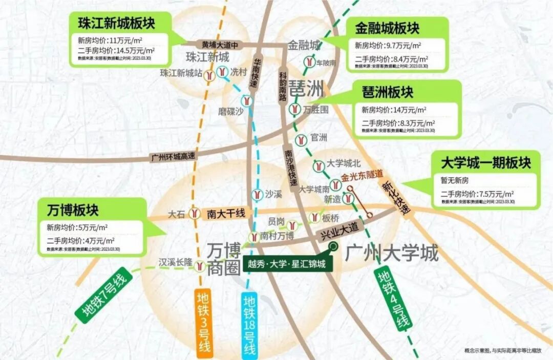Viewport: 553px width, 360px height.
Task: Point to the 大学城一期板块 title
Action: [x=486, y=163]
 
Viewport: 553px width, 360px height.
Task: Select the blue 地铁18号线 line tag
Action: [x=249, y=325]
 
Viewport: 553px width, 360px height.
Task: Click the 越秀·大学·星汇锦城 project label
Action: [x=287, y=264]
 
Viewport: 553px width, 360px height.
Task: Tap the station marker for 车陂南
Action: [x=309, y=61]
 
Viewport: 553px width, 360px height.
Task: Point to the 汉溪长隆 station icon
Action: [x=201, y=266]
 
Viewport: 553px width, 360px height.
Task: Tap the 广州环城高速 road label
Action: [x=174, y=157]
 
